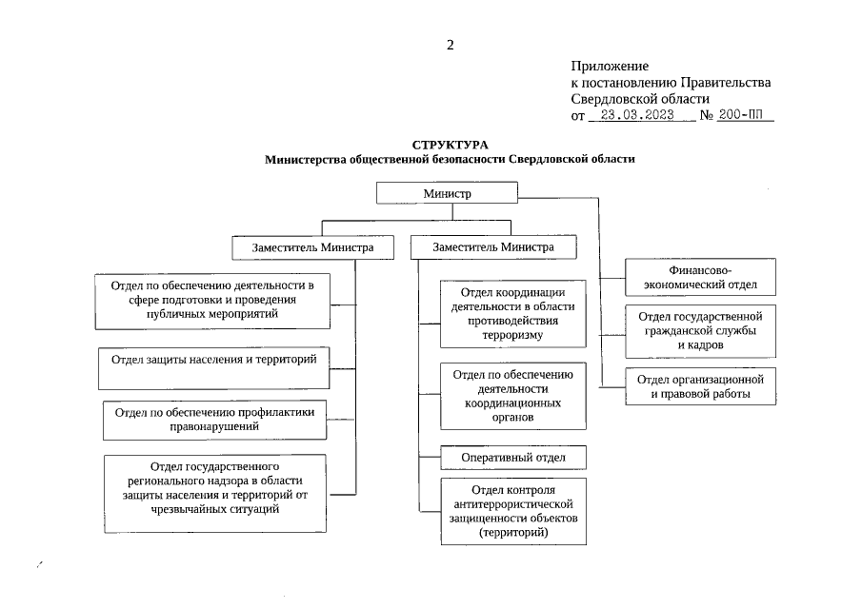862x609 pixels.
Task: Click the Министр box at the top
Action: (x=448, y=193)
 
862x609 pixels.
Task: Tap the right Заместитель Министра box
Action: (x=493, y=246)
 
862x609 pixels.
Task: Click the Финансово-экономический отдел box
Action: (x=700, y=277)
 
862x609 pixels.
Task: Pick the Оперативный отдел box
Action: (x=512, y=458)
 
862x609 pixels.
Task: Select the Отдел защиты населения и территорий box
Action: (x=213, y=367)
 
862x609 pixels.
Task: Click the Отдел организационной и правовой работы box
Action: (x=700, y=386)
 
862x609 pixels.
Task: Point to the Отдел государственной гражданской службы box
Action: (x=700, y=330)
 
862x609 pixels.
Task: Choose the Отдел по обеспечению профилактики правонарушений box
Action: (x=214, y=421)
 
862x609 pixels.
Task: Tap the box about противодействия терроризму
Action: (x=512, y=313)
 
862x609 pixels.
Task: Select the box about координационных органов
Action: (x=512, y=396)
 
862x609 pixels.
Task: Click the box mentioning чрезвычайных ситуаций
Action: (x=213, y=494)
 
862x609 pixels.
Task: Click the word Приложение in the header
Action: (x=610, y=67)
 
